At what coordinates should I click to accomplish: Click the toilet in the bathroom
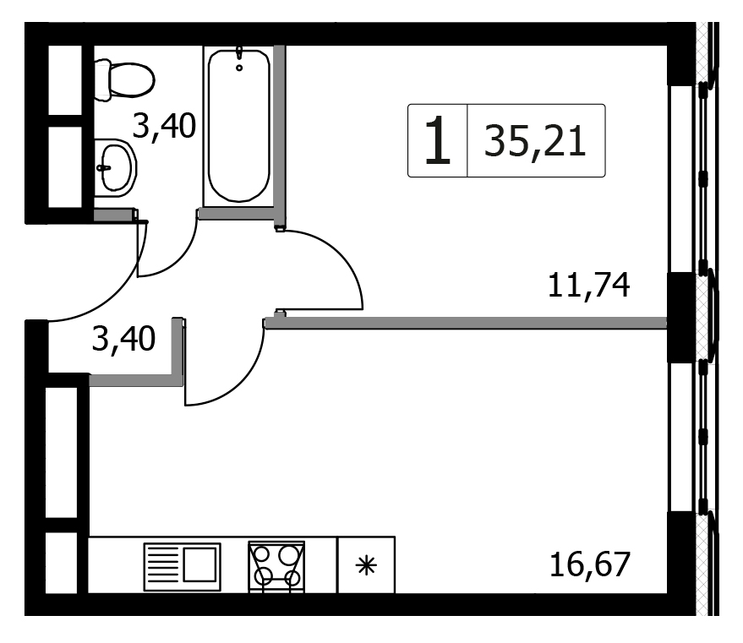[124, 80]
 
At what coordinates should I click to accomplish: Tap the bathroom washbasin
[115, 168]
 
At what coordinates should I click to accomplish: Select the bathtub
[239, 126]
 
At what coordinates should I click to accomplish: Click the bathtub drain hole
[239, 68]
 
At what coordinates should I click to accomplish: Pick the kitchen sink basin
[199, 564]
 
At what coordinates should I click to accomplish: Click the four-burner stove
[276, 566]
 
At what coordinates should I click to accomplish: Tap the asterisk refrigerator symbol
[366, 565]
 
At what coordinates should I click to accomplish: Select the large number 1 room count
[437, 140]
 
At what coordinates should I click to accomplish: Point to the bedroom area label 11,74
[588, 285]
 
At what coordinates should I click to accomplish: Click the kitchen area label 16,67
[590, 564]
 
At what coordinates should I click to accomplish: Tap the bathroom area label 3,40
[164, 126]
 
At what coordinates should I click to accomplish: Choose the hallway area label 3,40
[123, 339]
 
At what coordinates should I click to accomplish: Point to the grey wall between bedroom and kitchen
[466, 324]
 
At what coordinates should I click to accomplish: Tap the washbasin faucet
[103, 168]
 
